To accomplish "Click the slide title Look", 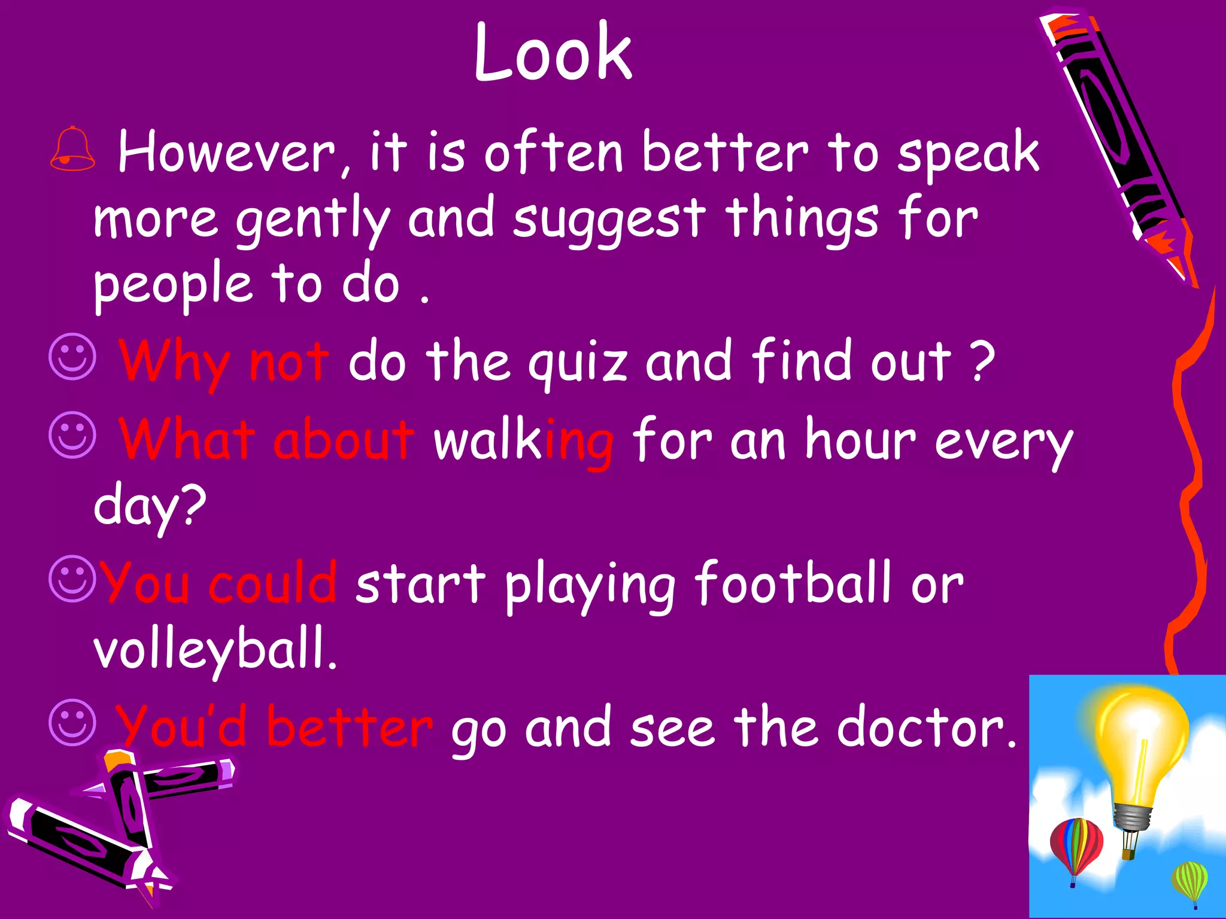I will (553, 53).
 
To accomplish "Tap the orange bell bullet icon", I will (72, 149).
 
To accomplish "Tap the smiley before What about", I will (72, 435).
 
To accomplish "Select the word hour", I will (860, 440).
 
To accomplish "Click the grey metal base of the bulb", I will (1133, 817).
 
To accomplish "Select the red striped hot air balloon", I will (1076, 847).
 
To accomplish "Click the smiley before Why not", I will (72, 357).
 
